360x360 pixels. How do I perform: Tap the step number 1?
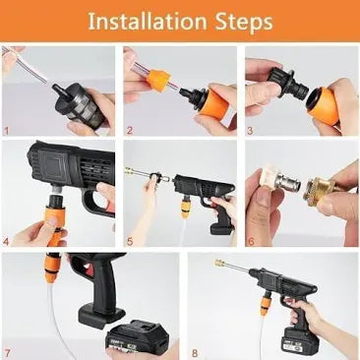point(8,129)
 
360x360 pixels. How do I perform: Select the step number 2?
point(129,129)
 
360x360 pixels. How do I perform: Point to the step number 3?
point(250,129)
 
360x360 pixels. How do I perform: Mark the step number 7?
point(8,350)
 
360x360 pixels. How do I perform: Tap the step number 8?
point(194,350)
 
